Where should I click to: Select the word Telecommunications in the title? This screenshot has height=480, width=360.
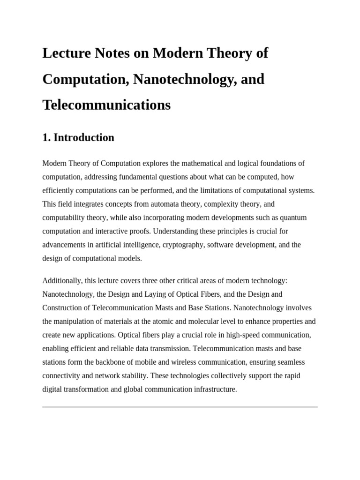(106, 105)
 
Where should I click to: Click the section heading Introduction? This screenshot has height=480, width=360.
(84, 137)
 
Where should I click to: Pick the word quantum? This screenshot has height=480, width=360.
(293, 217)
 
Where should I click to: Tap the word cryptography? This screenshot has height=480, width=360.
(182, 245)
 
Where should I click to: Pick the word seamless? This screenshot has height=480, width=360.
(290, 362)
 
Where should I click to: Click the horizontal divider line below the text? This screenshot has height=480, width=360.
(180, 406)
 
